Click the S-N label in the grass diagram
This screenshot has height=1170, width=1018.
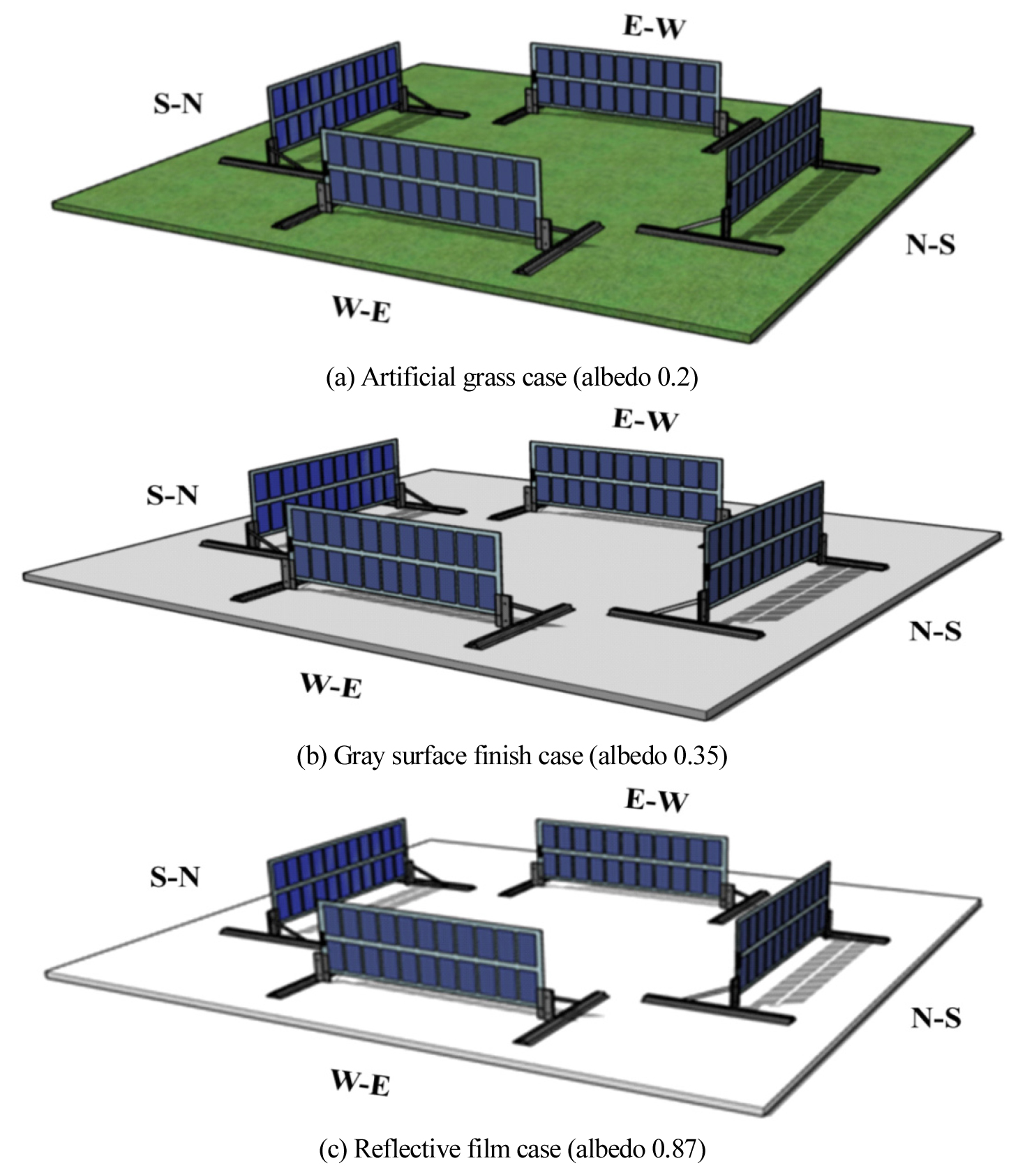(x=178, y=104)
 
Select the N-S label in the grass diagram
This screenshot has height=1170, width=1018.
(x=930, y=244)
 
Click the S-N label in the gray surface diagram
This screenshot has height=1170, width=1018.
(x=172, y=494)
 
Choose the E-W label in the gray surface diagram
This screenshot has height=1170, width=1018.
(x=645, y=420)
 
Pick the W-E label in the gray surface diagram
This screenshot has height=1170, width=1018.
(x=331, y=686)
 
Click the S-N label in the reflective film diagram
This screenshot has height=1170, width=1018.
(x=175, y=876)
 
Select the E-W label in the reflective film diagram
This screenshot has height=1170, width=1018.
(x=656, y=800)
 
